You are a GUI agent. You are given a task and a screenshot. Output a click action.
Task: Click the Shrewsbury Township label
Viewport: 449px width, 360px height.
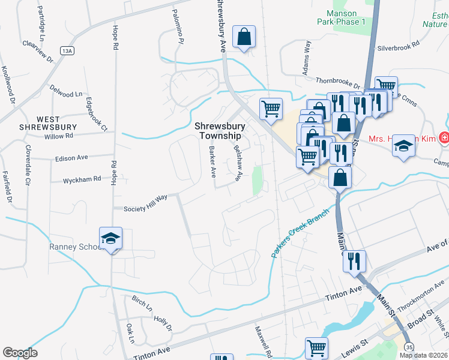220,131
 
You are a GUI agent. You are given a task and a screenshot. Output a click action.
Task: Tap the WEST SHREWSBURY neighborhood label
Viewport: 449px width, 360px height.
47,123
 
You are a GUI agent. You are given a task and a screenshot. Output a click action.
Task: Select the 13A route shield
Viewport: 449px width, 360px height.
66,50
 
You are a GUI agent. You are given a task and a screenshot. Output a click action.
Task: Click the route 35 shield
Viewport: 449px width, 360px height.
409,347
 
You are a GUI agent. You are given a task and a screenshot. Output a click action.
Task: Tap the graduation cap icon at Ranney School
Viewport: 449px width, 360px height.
110,239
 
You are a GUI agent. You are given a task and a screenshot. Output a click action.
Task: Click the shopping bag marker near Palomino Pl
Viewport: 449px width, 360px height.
244,37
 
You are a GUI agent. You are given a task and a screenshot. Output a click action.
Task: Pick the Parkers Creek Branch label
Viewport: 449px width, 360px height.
300,233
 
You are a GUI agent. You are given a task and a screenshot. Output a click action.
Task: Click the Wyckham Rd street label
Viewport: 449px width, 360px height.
82,179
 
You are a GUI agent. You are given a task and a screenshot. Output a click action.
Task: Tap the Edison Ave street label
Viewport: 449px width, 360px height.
71,157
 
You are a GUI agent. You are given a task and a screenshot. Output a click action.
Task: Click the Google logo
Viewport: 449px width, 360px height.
20,353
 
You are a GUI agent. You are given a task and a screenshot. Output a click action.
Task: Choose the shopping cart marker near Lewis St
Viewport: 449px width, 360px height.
316,348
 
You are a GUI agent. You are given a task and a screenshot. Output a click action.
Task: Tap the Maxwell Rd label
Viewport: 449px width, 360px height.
263,340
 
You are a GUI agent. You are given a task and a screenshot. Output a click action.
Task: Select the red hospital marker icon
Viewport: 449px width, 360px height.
443,138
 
